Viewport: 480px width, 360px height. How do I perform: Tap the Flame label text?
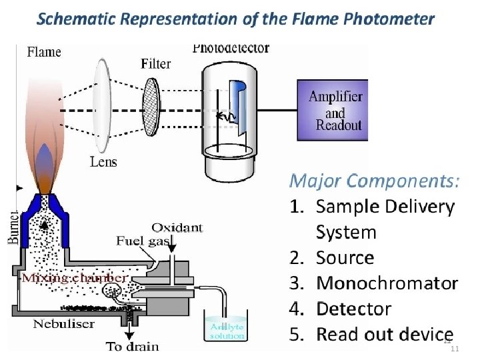click(x=44, y=51)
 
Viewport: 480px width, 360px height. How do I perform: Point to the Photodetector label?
click(x=231, y=48)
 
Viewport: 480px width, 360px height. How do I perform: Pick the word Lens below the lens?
click(x=103, y=161)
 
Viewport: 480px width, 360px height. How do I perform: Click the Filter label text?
click(x=156, y=64)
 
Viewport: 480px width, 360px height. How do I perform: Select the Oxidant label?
click(x=177, y=227)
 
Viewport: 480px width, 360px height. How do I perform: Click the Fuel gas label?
click(x=143, y=241)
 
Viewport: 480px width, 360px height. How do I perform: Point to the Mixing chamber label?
click(x=75, y=277)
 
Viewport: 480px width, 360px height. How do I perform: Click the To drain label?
click(x=133, y=346)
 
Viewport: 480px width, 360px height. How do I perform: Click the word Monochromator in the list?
click(x=387, y=283)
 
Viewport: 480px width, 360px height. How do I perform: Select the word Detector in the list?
click(x=353, y=309)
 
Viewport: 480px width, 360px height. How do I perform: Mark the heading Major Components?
click(x=373, y=181)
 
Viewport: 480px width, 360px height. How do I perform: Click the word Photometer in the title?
click(x=387, y=19)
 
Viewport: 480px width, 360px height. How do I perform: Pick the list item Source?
click(x=345, y=258)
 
